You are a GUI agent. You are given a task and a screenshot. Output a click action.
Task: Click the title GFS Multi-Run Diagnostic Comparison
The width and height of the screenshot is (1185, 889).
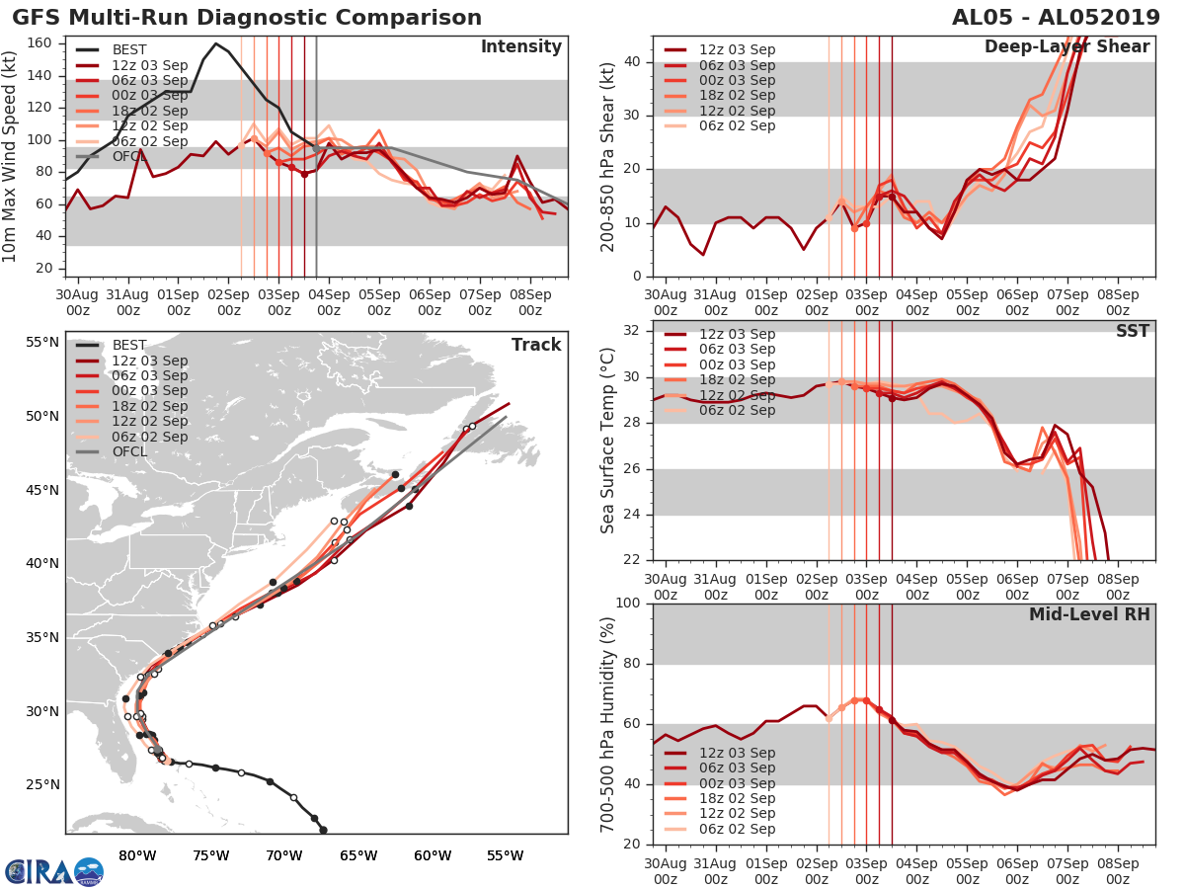point(247,18)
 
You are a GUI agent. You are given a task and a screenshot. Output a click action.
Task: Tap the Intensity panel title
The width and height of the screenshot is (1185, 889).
point(520,47)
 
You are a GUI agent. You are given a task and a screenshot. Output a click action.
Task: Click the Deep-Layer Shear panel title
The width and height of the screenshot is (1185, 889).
point(1066,47)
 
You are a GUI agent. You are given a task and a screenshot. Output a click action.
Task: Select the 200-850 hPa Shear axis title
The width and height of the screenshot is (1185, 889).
point(608,156)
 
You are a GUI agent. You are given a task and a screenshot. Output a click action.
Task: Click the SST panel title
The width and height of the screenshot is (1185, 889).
point(1132,331)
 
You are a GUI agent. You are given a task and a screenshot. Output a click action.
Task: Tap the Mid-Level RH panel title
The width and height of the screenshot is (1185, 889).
point(1089,614)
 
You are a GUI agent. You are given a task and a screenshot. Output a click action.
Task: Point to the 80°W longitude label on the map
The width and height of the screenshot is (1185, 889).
point(137,855)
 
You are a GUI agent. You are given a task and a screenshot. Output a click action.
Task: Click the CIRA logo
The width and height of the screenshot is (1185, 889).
point(53,871)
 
